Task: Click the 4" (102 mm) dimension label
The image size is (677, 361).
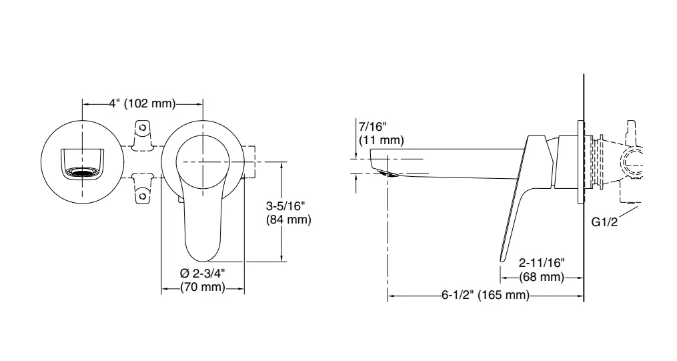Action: click(142, 103)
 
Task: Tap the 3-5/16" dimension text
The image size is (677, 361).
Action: click(285, 206)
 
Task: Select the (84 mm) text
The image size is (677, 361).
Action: click(288, 220)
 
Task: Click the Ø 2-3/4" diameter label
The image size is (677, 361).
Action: click(203, 274)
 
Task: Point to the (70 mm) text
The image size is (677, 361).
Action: click(203, 287)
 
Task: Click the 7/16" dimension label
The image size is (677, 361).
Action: click(373, 127)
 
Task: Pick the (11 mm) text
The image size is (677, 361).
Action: click(382, 140)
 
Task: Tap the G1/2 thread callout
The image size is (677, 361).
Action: click(604, 222)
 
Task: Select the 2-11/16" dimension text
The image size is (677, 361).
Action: click(542, 262)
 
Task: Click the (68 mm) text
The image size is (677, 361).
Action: click(542, 277)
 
